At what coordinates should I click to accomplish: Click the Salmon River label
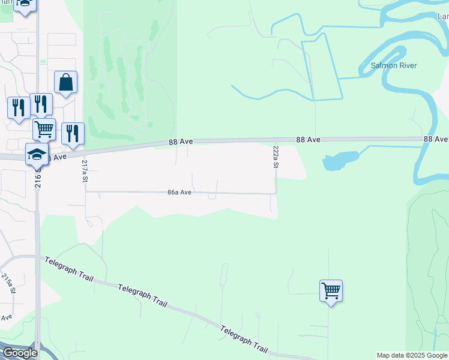click(393, 65)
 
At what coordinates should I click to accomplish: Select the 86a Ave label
click(179, 193)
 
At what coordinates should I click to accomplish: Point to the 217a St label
click(85, 171)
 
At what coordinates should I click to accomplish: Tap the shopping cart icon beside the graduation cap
click(44, 129)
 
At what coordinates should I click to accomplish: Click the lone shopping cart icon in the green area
click(331, 291)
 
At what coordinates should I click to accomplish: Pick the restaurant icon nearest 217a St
click(73, 134)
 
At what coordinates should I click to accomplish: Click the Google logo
click(19, 353)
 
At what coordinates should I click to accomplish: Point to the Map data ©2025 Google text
click(412, 355)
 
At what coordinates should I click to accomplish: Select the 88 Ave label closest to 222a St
click(309, 139)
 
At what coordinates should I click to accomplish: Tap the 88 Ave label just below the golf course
click(180, 142)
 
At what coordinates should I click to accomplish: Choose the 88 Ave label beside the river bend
click(435, 139)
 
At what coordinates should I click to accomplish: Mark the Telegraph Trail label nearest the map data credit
click(243, 339)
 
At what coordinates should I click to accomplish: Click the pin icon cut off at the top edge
click(25, 5)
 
